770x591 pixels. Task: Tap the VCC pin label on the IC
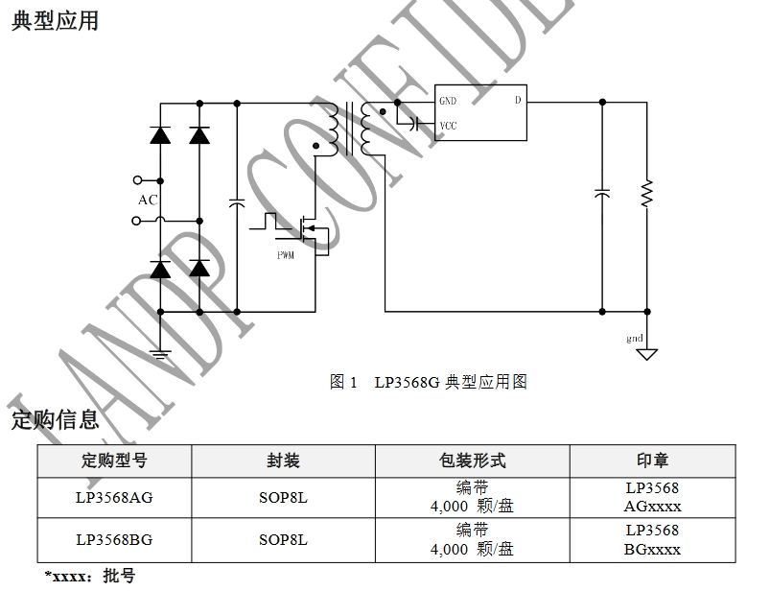(x=448, y=126)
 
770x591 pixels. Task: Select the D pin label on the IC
(x=518, y=100)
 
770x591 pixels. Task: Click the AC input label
(x=148, y=201)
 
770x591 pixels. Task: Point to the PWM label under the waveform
(x=286, y=255)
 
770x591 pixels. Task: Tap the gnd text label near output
(x=635, y=339)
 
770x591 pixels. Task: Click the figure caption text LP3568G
(x=408, y=382)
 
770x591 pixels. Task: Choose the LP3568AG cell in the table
(x=114, y=497)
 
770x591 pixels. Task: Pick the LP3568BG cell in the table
(x=114, y=539)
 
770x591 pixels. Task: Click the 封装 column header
(x=283, y=461)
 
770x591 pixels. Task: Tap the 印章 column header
(x=652, y=461)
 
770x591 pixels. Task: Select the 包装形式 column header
(x=472, y=461)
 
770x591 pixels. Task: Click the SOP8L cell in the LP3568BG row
(x=283, y=539)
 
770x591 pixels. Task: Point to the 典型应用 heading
(x=55, y=20)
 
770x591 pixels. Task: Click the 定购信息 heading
(x=55, y=418)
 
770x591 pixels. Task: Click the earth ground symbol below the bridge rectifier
(x=159, y=354)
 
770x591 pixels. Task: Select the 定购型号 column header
(x=114, y=461)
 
